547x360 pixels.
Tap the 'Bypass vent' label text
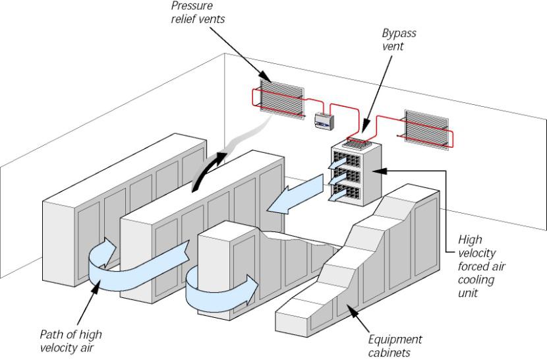(x=399, y=39)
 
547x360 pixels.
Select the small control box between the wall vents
(x=323, y=119)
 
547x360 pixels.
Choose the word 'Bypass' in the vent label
(x=399, y=32)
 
